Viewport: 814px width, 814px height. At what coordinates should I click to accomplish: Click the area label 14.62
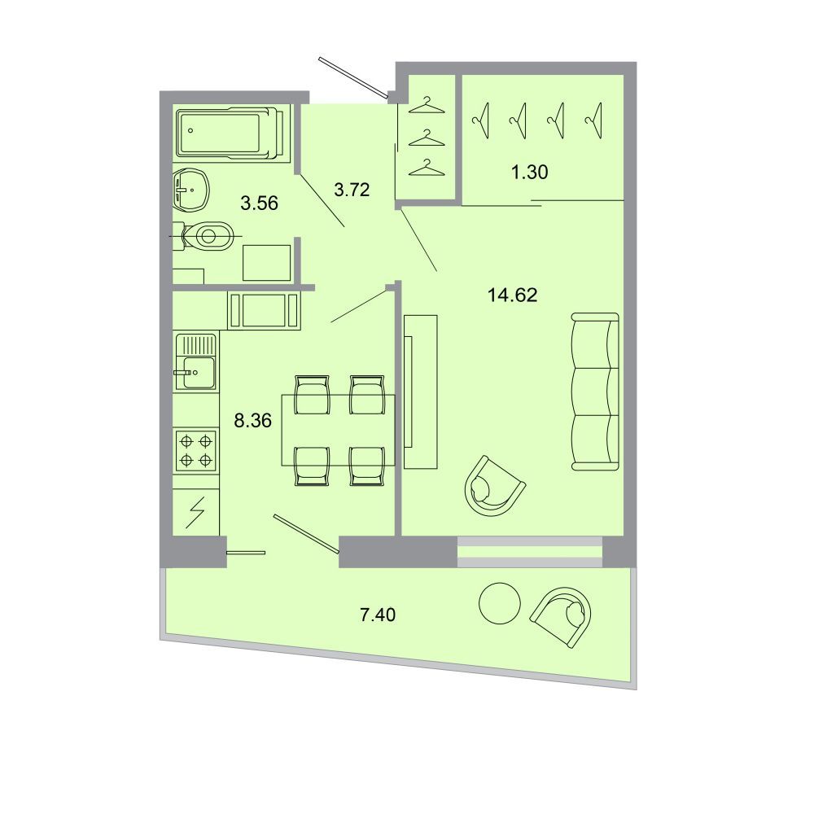512,295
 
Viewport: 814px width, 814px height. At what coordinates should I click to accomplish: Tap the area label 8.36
253,421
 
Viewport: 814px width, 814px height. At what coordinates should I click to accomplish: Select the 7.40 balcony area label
378,615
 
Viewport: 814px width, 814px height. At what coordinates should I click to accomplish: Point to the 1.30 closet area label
530,172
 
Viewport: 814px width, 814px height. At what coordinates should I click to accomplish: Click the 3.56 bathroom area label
259,203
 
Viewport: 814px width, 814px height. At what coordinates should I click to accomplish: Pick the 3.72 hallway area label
352,190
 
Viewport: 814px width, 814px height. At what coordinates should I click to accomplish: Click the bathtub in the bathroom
230,132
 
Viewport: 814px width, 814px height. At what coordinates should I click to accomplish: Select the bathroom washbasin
191,190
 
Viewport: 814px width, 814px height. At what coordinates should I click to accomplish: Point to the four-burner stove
195,450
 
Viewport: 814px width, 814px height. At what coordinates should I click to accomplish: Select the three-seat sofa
595,392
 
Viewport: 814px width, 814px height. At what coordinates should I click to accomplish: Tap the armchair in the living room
495,486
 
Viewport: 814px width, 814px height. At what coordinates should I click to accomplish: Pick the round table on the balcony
500,603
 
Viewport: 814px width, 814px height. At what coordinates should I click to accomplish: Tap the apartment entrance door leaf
353,77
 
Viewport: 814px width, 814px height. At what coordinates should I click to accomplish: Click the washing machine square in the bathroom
266,263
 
